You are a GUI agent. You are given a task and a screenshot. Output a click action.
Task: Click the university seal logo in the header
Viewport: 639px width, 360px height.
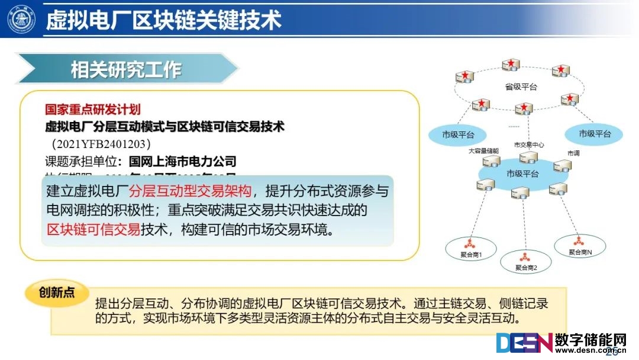click(21, 19)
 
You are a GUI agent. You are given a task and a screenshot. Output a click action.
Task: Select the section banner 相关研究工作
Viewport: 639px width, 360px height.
click(126, 70)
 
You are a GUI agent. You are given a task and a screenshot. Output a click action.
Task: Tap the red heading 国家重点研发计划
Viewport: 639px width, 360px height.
click(93, 110)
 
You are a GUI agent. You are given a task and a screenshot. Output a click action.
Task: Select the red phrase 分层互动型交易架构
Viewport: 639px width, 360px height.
click(190, 191)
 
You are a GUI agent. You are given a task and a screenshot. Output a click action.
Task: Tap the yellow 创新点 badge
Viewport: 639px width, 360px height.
click(57, 293)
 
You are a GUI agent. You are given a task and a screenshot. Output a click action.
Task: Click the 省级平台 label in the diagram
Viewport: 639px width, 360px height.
click(521, 87)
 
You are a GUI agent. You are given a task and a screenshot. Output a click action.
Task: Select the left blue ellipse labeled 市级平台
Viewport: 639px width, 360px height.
click(458, 134)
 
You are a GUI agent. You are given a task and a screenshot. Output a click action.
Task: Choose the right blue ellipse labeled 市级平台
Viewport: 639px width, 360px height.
click(595, 134)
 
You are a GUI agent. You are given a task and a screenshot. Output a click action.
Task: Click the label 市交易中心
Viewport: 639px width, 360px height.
click(528, 145)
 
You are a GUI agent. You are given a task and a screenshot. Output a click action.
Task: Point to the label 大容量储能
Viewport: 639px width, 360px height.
click(483, 150)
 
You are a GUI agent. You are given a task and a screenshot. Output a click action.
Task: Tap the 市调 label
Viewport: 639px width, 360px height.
click(573, 153)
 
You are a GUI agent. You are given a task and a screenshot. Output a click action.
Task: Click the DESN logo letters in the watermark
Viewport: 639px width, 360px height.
click(524, 344)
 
